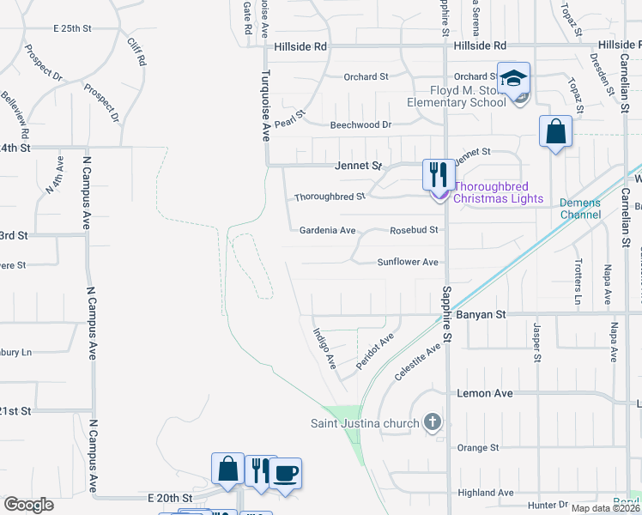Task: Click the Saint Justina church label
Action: tap(364, 423)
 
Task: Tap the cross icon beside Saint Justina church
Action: tap(433, 423)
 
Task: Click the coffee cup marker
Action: tap(286, 473)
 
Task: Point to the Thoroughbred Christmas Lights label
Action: tap(498, 192)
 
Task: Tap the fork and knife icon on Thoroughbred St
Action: tap(439, 175)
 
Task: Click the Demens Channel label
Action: tap(580, 209)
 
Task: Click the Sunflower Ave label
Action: tap(408, 262)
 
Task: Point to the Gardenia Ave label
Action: tap(327, 230)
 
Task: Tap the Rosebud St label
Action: tap(414, 230)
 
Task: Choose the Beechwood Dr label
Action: tap(360, 124)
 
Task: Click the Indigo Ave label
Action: tap(324, 348)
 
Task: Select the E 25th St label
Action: tap(72, 28)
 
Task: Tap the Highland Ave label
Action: tap(485, 493)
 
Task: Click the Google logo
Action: tap(28, 504)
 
